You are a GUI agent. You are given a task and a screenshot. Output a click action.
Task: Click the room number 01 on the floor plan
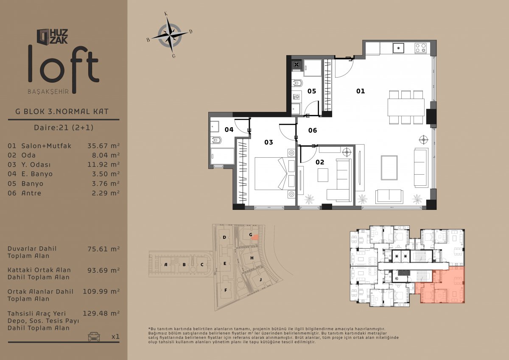pyautogui.click(x=361, y=91)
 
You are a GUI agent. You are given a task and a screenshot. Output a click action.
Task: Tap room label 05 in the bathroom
pyautogui.click(x=311, y=91)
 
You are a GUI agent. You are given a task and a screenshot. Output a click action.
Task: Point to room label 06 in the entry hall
pyautogui.click(x=313, y=130)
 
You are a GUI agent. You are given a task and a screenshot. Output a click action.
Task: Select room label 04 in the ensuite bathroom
pyautogui.click(x=229, y=130)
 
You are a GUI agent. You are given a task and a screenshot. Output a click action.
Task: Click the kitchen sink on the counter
pyautogui.click(x=398, y=48)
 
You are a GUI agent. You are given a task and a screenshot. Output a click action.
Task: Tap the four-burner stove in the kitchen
pyautogui.click(x=420, y=48)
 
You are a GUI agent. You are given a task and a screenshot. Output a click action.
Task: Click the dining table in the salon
pyautogui.click(x=406, y=107)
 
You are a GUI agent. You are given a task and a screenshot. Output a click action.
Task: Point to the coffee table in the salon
pyautogui.click(x=389, y=167)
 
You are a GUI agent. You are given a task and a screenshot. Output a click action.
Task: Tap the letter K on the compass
pyautogui.click(x=166, y=14)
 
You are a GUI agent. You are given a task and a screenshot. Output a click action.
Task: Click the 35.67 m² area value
pyautogui.click(x=103, y=145)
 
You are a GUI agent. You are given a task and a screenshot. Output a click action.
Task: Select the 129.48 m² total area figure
pyautogui.click(x=101, y=313)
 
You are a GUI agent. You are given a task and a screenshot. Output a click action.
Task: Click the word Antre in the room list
pyautogui.click(x=31, y=193)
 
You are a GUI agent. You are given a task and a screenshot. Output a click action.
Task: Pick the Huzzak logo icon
pyautogui.click(x=43, y=36)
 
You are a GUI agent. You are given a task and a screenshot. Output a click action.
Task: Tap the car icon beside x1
pyautogui.click(x=94, y=337)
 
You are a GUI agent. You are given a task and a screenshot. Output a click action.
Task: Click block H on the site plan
pyautogui.click(x=252, y=258)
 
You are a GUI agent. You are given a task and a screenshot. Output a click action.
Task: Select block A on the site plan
pyautogui.click(x=166, y=265)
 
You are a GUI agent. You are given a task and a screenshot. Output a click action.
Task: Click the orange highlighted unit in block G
pyautogui.click(x=255, y=237)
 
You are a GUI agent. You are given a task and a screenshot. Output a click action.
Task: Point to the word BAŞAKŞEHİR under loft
pyautogui.click(x=48, y=92)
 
